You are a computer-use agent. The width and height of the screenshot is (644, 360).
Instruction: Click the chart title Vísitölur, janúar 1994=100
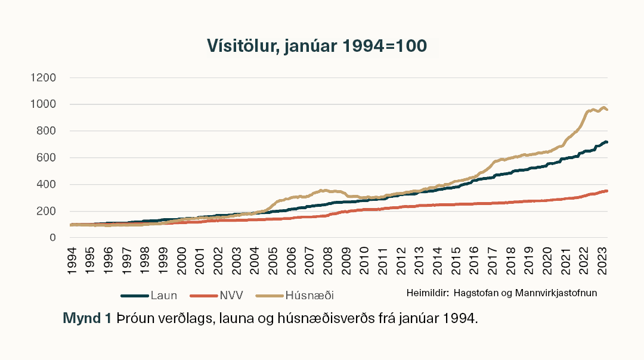point(317,46)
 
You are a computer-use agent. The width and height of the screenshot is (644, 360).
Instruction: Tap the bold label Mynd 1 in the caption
point(87,318)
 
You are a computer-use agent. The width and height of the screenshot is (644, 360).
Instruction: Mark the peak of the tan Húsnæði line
point(603,107)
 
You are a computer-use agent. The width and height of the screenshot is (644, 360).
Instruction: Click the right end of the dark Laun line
point(606,142)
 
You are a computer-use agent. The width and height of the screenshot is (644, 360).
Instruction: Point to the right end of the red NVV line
point(606,191)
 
